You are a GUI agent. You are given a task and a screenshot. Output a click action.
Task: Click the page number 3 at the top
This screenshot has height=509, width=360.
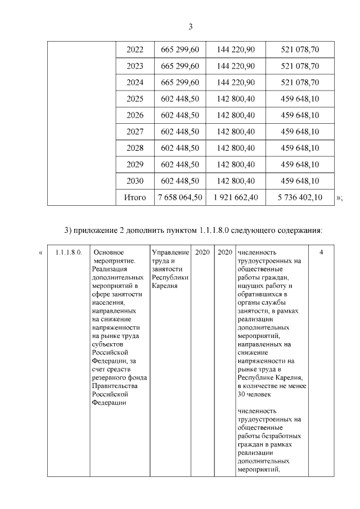[x=190, y=26]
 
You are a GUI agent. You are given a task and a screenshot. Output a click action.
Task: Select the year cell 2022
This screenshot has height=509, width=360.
[x=135, y=50]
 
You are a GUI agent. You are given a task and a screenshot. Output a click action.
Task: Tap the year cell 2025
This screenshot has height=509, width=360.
[x=135, y=99]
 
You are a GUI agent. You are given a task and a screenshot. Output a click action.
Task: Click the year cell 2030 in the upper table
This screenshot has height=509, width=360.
[x=135, y=181]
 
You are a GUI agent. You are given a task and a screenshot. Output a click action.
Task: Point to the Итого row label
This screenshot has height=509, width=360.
[x=135, y=197]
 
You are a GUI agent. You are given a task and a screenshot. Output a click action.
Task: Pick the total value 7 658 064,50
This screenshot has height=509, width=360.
[x=180, y=197]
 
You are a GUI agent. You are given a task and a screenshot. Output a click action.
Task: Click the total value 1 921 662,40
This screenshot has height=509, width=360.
[x=236, y=197]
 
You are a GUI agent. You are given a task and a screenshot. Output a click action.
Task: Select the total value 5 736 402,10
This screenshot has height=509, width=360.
[x=300, y=197]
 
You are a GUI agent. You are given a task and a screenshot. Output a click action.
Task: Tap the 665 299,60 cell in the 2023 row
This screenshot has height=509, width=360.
[x=180, y=66]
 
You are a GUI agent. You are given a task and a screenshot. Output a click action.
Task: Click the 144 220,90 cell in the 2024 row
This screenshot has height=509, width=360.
[x=236, y=83]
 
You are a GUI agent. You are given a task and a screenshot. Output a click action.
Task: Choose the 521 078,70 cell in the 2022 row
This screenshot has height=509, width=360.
[x=300, y=50]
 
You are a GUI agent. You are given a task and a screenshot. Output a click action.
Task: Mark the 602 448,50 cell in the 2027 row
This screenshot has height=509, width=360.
[x=180, y=132]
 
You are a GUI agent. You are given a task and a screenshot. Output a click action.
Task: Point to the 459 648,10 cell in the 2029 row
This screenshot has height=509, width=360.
[x=300, y=165]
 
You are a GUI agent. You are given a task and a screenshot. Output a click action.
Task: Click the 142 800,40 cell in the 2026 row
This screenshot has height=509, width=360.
[x=236, y=115]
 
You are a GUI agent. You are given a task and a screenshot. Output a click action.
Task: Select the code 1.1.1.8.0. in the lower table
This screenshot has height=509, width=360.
[x=69, y=253]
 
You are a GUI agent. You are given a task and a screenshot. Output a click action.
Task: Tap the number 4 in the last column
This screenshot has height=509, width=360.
[x=321, y=253]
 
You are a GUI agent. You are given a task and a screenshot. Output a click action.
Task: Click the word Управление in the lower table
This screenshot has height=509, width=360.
[x=170, y=253]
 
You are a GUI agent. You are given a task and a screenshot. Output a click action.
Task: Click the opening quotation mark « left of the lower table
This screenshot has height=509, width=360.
[x=40, y=253]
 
